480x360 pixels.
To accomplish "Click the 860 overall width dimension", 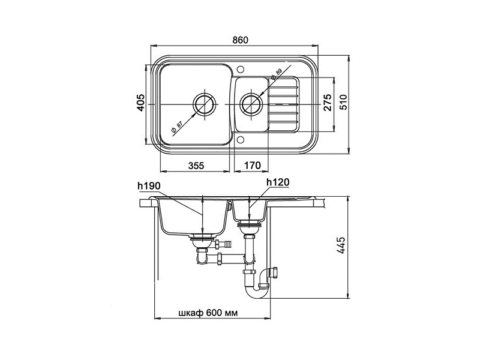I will click(240, 40).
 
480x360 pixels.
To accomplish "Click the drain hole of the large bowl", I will click(204, 104).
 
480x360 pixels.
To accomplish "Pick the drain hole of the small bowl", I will click(250, 104).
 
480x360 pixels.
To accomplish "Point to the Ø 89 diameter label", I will click(275, 75).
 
